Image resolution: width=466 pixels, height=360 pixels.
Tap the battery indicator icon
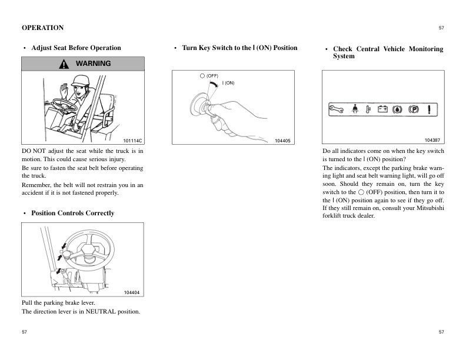[382, 109]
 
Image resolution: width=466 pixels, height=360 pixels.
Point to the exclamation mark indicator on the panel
[431, 109]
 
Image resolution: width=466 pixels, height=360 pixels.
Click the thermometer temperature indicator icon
[369, 109]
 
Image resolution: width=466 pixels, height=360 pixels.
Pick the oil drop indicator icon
[398, 109]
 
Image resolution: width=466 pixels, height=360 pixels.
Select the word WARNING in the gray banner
[93, 64]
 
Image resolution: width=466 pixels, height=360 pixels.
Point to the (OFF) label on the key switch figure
[211, 76]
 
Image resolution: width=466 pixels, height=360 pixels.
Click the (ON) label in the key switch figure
[228, 83]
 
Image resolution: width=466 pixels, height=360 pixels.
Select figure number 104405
[282, 141]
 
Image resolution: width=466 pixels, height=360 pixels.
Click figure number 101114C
[133, 141]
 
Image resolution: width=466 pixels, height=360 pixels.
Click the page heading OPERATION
[42, 28]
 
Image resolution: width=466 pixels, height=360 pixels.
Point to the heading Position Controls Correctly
[72, 213]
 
